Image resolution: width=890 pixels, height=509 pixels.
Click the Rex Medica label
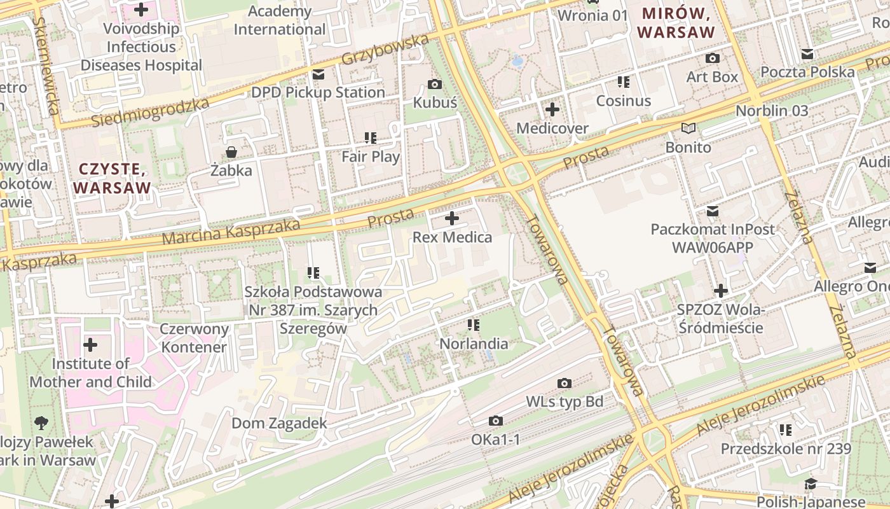coord(452,237)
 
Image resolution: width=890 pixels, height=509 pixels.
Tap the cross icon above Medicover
coord(552,109)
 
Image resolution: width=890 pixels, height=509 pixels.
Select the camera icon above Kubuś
coord(435,84)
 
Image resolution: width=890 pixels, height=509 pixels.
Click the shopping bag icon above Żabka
coord(231,152)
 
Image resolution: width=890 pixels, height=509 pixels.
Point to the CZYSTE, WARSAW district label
coord(112,178)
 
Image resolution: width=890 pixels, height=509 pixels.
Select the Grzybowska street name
coord(385,50)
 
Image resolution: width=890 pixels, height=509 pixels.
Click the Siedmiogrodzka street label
coord(150,113)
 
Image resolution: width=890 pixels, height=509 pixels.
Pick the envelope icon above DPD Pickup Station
coord(318,74)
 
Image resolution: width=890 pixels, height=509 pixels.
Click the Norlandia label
coord(474,344)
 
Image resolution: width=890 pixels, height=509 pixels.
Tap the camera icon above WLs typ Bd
coord(564,383)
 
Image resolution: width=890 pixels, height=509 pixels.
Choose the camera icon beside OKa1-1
coord(496,421)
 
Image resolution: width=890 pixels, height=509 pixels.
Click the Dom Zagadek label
coord(279,423)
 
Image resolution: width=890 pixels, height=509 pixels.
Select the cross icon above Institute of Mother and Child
coord(90,345)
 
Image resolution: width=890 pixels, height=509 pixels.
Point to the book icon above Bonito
coord(688,128)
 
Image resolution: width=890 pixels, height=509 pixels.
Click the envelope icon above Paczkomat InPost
coord(713,211)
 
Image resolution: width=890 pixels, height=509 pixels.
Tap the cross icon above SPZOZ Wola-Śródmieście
coord(720,291)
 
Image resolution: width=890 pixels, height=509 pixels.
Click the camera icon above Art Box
coord(712,59)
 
